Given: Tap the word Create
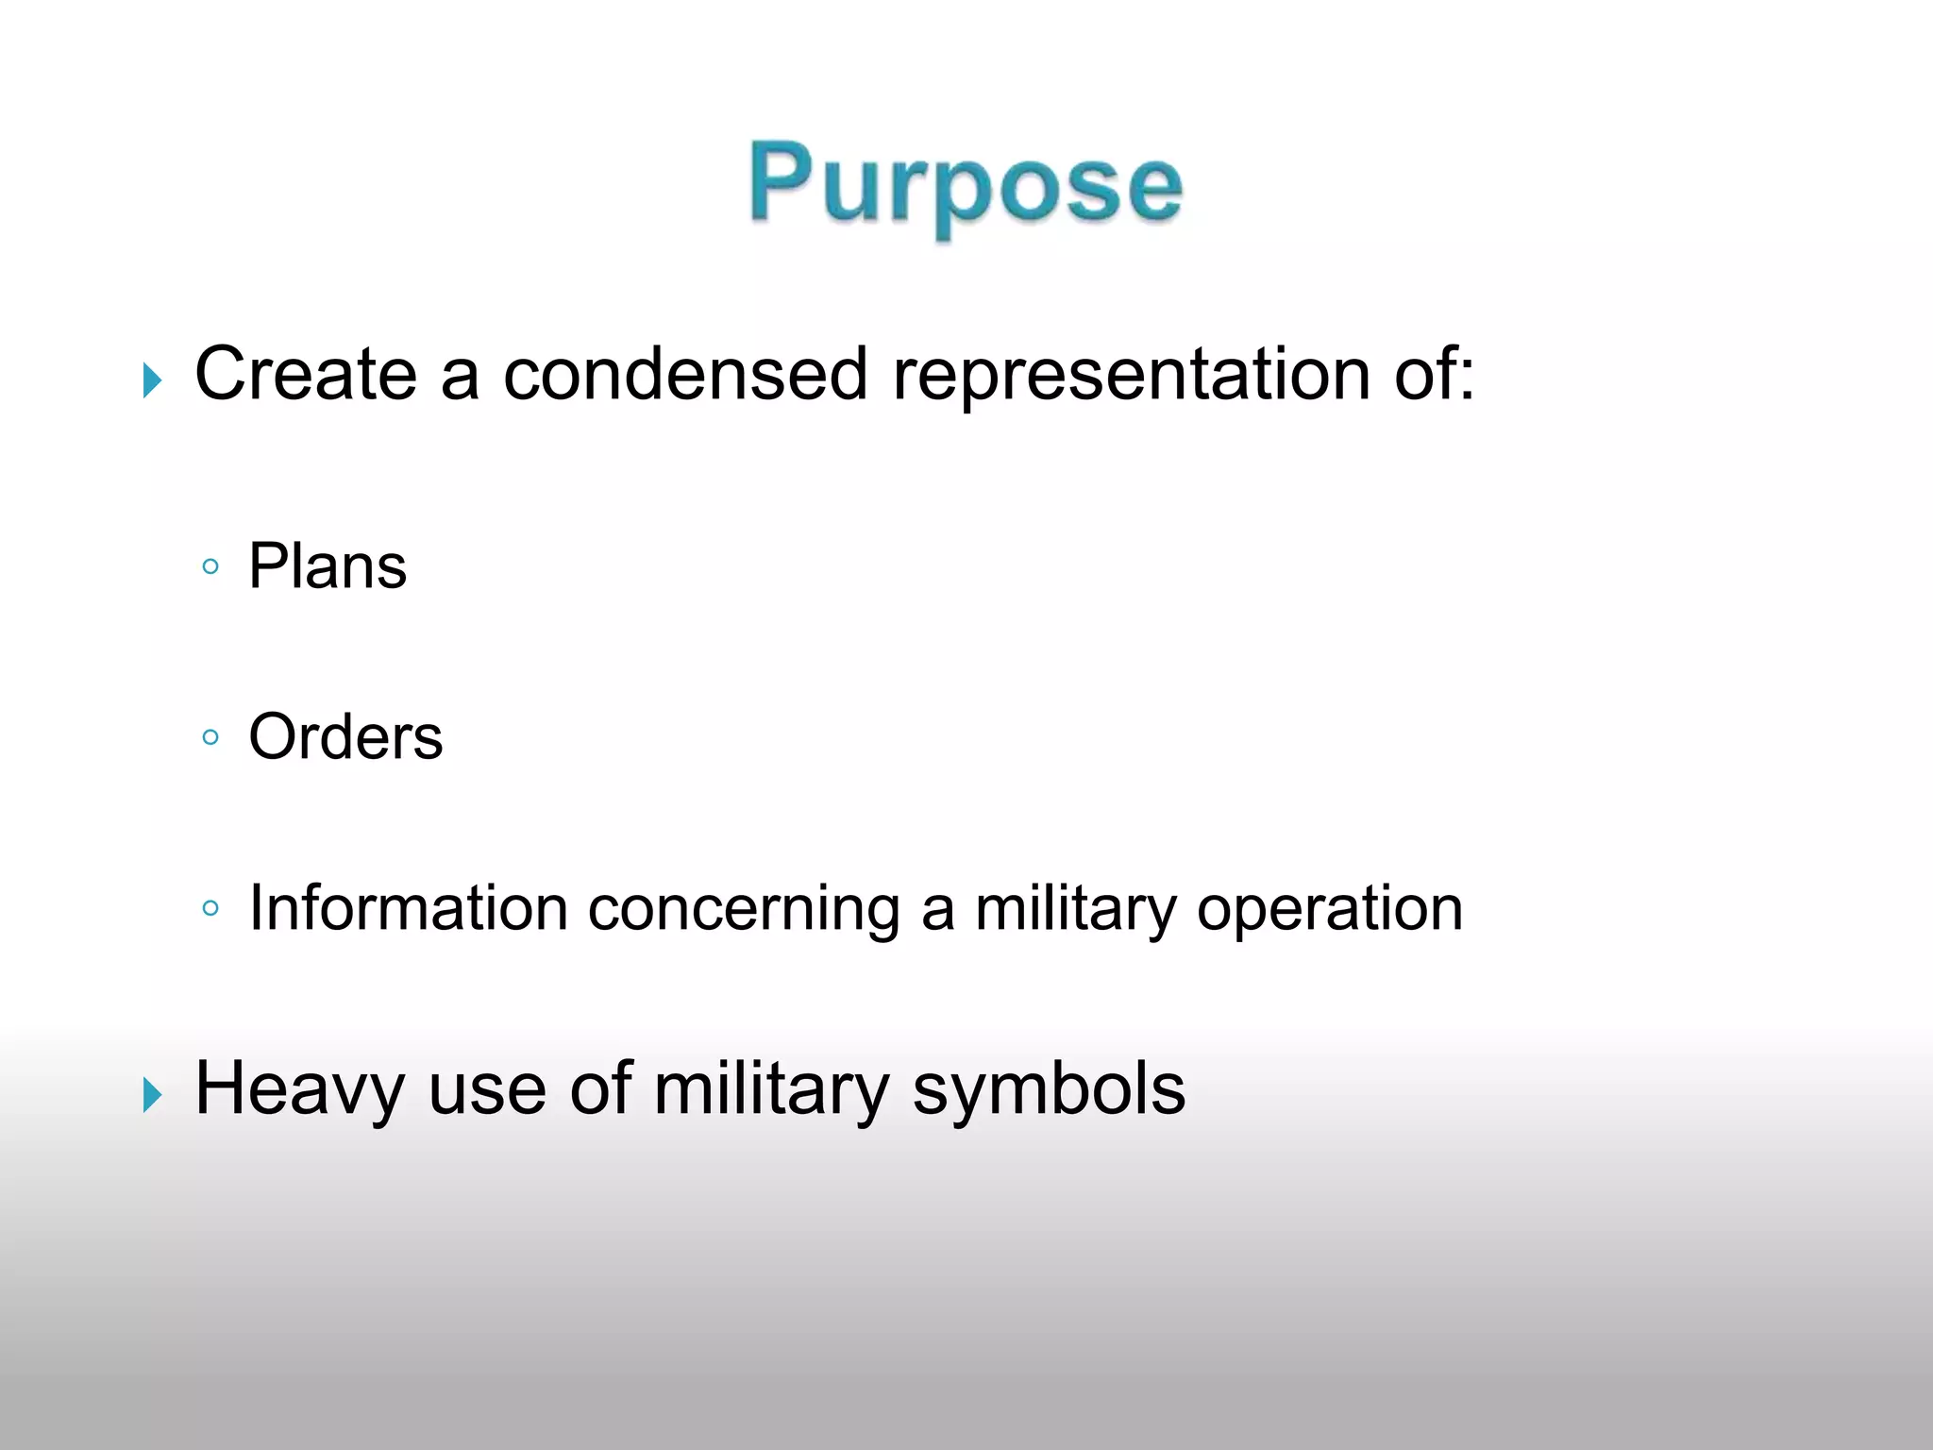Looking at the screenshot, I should pos(305,374).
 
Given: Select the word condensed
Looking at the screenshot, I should pos(684,374).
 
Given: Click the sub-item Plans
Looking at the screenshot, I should pos(328,566).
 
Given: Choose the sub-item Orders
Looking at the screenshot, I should pos(345,736).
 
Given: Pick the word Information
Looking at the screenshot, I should pos(408,908).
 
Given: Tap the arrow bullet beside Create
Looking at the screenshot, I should pos(152,381).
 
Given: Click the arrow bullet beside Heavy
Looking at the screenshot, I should pos(152,1096).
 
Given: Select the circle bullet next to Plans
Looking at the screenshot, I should pos(210,566).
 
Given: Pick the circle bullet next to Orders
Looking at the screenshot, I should pos(210,736).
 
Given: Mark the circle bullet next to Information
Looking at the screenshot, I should pos(210,908).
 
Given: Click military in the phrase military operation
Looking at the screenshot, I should pos(1075,910).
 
